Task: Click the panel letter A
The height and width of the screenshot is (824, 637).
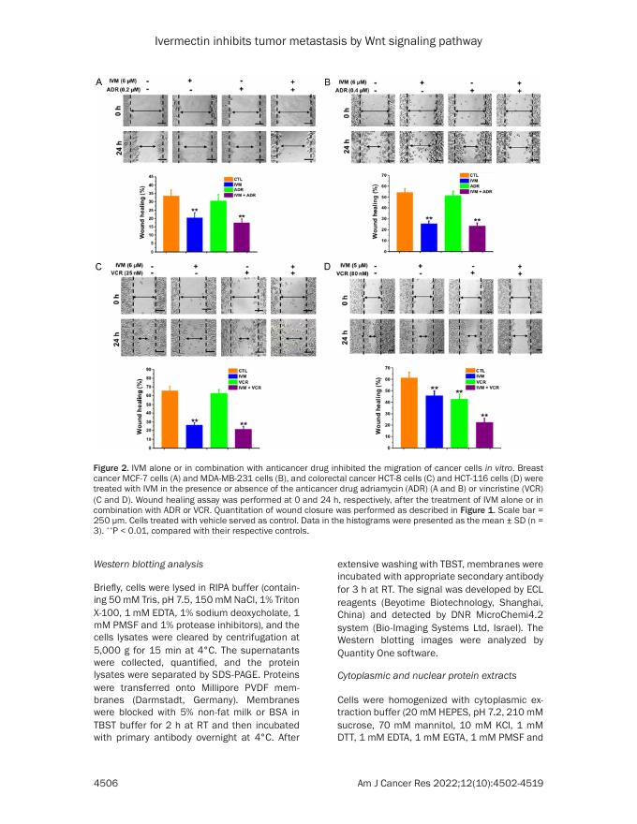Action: pos(99,83)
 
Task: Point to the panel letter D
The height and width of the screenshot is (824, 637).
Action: pos(328,268)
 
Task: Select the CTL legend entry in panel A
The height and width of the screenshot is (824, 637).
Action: pos(230,176)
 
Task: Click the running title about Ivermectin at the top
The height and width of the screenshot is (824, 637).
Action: pos(318,42)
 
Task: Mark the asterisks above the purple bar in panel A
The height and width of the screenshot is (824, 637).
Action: pos(242,216)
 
